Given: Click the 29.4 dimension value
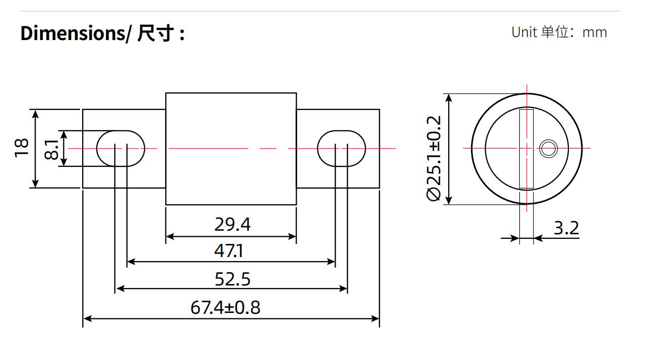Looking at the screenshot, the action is point(232,224).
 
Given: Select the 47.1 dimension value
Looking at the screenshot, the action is point(229,250).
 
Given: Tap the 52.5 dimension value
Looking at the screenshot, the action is point(232,279).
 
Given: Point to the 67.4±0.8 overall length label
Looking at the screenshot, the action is point(226,308).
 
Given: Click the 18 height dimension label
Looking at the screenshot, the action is point(21,148).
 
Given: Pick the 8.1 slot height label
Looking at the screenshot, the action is point(52,149).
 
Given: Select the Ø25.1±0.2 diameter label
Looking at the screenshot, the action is point(434,158).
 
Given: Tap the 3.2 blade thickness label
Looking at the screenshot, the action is point(566,228).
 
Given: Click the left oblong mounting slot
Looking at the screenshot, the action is point(121,149).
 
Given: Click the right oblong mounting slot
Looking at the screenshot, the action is point(341,149).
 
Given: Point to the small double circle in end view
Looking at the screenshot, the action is point(549,149).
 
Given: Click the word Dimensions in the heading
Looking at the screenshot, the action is point(73,33).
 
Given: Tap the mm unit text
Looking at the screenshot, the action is point(595,33).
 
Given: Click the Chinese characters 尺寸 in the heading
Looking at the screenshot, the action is point(156,33).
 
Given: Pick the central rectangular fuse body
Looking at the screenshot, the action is point(231,149).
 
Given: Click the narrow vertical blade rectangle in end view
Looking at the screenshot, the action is point(526,149).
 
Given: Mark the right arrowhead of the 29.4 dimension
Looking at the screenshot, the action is point(292,236).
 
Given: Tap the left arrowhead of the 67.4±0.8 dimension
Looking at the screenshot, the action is point(87,319).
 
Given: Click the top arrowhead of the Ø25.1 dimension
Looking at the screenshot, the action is point(449,98).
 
